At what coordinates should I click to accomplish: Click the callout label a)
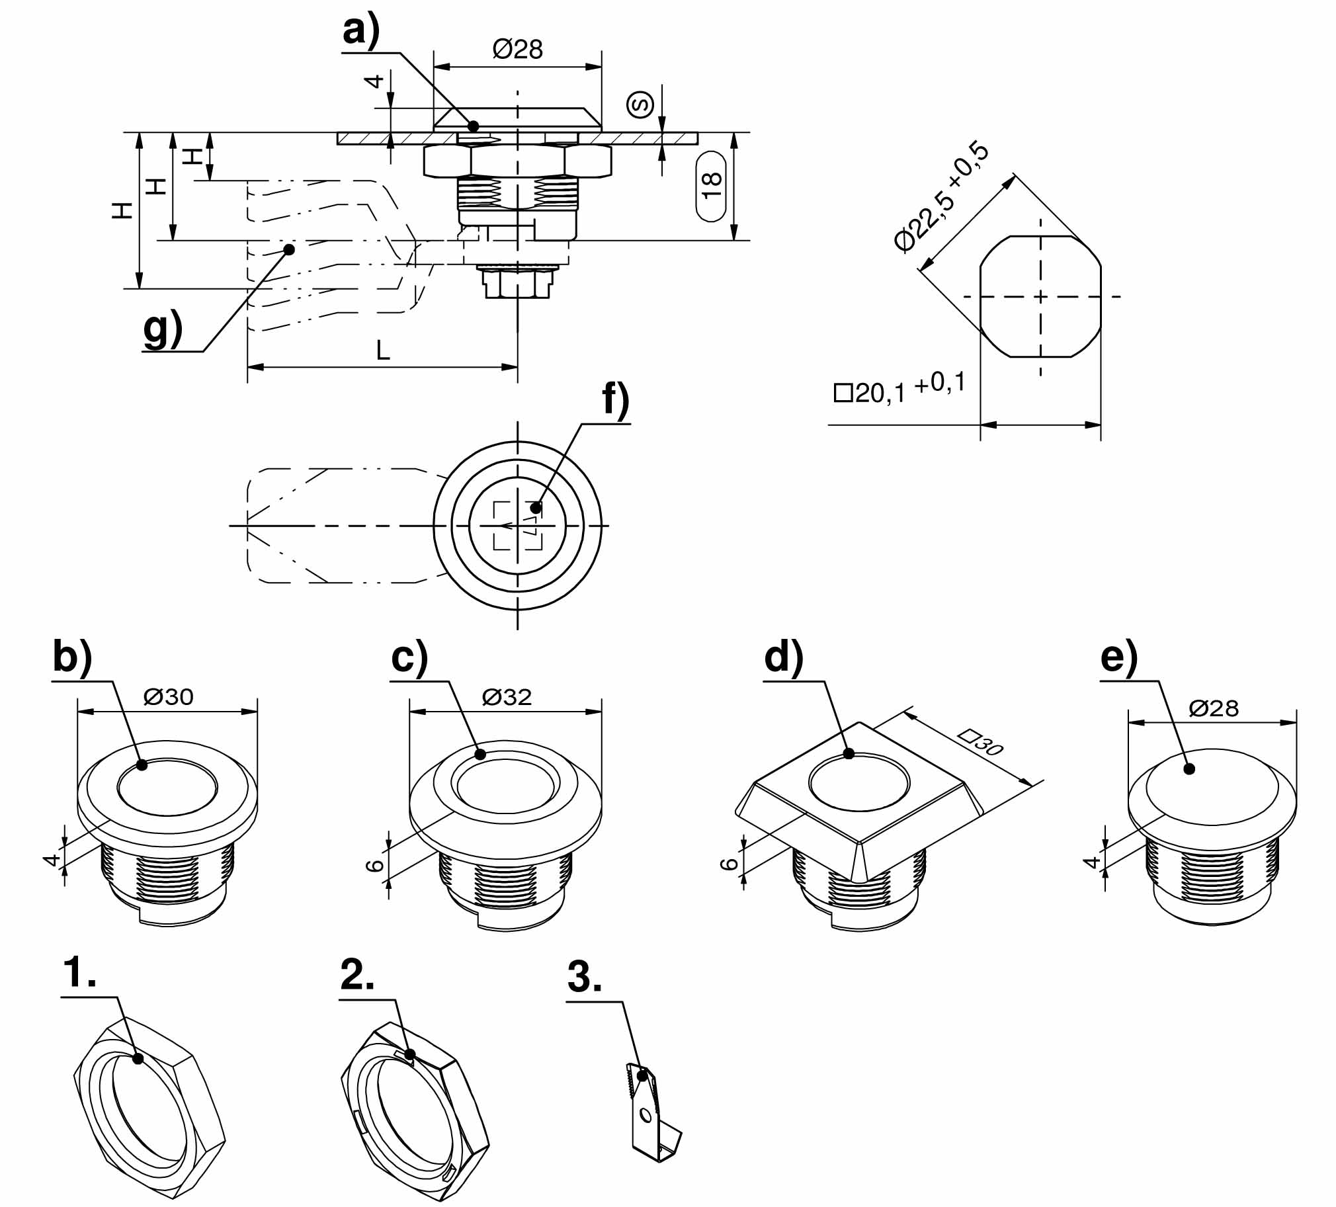pyautogui.click(x=360, y=32)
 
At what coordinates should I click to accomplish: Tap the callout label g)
pyautogui.click(x=162, y=329)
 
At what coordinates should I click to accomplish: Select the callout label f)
pyautogui.click(x=615, y=402)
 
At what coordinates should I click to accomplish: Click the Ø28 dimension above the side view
pyautogui.click(x=518, y=49)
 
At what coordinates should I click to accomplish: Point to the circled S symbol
pyautogui.click(x=640, y=104)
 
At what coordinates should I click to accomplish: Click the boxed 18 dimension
pyautogui.click(x=711, y=187)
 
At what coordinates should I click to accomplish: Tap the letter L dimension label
pyautogui.click(x=382, y=351)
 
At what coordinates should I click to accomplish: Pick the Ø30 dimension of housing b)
pyautogui.click(x=169, y=696)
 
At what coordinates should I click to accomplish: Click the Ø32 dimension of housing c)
pyautogui.click(x=507, y=697)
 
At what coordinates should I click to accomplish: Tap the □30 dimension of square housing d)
pyautogui.click(x=981, y=742)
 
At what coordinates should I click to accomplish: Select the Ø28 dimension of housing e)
pyautogui.click(x=1214, y=708)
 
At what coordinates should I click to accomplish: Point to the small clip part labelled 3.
pyautogui.click(x=652, y=1120)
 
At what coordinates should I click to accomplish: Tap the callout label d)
pyautogui.click(x=783, y=658)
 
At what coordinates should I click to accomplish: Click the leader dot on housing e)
pyautogui.click(x=1189, y=769)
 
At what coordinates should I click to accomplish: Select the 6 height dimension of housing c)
pyautogui.click(x=375, y=865)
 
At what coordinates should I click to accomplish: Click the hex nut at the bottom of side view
pyautogui.click(x=518, y=283)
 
